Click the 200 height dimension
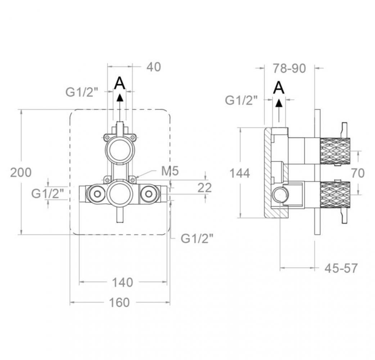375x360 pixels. point(21,172)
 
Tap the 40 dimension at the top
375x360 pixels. point(154,67)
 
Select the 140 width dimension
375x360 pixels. point(122,282)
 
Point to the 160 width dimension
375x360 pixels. point(119,302)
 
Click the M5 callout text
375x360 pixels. point(170,171)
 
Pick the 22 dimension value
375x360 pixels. point(204,188)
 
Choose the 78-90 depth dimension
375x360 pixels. point(289,68)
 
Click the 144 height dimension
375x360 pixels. point(240,173)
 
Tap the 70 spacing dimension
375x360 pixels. point(358,173)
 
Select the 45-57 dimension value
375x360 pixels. point(341,268)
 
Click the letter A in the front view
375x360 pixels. point(120,83)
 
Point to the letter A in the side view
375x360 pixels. point(279,87)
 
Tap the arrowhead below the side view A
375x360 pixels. point(279,103)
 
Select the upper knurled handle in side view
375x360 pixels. point(335,151)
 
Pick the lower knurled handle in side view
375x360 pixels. point(335,195)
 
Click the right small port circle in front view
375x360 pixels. point(149,194)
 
